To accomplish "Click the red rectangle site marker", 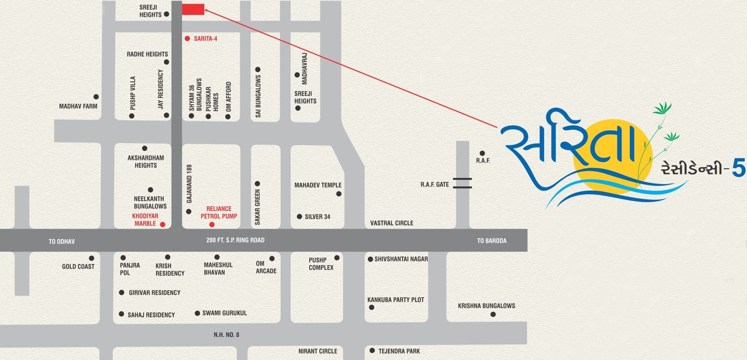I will tap(193, 9).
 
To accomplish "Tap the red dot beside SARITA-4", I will tap(188, 39).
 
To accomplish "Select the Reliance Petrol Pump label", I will tap(219, 212).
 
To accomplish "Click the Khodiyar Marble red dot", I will tap(163, 224).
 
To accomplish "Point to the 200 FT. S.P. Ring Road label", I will tap(235, 240).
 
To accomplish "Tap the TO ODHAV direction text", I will tap(62, 241).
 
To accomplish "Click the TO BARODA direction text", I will tap(491, 241).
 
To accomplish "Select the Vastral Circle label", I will tap(391, 223).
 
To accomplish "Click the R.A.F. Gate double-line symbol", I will tap(462, 183).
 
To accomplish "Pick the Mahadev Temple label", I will tap(318, 185).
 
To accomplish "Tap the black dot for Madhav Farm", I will tap(96, 97).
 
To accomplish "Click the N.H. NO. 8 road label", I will tap(226, 334).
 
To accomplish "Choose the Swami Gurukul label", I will tap(224, 313).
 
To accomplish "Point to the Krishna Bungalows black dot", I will tap(493, 314).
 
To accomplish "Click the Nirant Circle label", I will tap(318, 351).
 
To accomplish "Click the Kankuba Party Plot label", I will tap(395, 300).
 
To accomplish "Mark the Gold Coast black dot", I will tap(92, 258).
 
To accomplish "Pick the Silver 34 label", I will tap(318, 216).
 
